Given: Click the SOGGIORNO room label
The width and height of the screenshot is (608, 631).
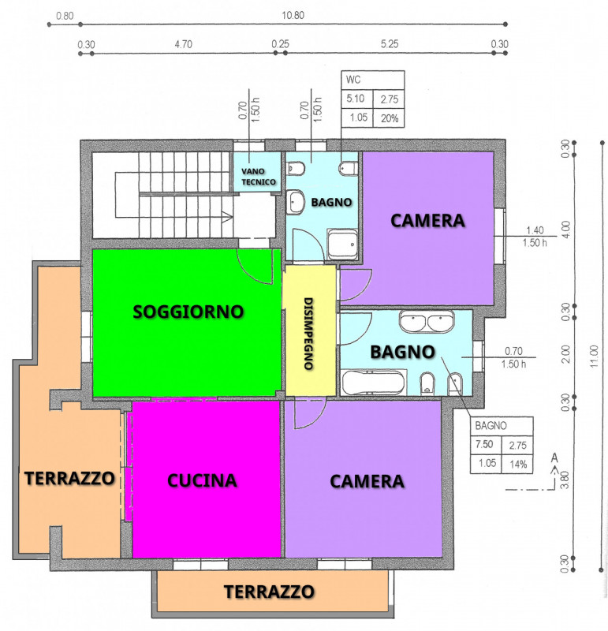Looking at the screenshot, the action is point(188,312).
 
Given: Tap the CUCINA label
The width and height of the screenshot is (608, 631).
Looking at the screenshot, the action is point(202,480).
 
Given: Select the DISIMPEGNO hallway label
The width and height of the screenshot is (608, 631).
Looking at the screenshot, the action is point(308,334).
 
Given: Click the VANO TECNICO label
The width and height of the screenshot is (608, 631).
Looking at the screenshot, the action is point(259,177).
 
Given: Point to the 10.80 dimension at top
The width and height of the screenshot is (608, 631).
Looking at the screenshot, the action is point(293,15).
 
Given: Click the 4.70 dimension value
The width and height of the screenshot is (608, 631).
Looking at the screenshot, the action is point(184,44).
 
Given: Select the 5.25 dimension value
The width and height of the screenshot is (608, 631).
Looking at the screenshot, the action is point(390,44).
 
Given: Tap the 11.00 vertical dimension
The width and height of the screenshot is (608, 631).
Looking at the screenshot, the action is point(595,357).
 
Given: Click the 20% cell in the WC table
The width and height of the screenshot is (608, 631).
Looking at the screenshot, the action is point(390,118).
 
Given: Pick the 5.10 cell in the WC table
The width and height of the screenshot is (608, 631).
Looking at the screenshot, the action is point(356,99).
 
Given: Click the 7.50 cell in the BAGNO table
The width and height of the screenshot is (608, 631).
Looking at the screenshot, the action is point(484,444).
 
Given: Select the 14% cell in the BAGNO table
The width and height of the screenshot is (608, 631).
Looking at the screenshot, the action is point(518,465).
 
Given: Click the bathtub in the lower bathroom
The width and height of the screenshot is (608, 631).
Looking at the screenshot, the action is point(373,383).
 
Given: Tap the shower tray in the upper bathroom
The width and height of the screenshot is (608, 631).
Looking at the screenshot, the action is point(342,244).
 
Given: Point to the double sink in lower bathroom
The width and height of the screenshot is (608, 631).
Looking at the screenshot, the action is point(427,322).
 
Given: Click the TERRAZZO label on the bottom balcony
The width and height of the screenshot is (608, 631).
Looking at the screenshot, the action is point(269,592).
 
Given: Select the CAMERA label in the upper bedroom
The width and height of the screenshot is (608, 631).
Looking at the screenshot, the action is point(427,221).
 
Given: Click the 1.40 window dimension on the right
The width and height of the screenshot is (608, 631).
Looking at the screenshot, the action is point(535,230).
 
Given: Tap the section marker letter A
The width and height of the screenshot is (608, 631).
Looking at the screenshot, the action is point(554,458).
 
